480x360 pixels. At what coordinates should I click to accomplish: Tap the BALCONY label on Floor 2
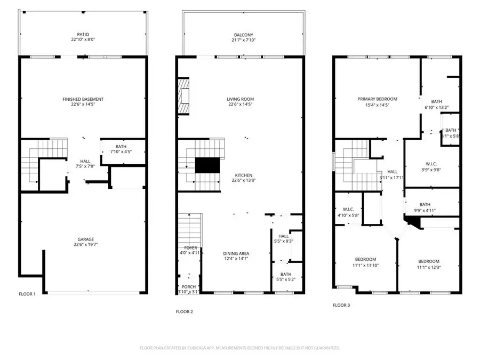[244, 35]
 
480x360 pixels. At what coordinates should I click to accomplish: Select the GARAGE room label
[83, 239]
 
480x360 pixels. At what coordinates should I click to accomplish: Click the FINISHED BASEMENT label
[83, 99]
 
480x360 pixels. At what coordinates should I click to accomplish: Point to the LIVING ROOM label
[240, 99]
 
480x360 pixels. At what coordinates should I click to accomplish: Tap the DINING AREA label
[236, 253]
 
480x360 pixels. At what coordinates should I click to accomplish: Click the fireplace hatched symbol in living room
[183, 96]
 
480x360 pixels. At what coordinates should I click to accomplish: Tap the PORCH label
[188, 286]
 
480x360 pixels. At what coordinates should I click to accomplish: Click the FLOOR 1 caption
[27, 294]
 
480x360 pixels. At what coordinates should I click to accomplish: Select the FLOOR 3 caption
[341, 306]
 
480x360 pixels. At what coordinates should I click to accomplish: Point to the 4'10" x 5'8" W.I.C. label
[348, 215]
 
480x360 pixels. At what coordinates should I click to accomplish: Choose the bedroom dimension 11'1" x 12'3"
[429, 268]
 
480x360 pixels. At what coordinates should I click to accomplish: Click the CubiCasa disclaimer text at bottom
[240, 348]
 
